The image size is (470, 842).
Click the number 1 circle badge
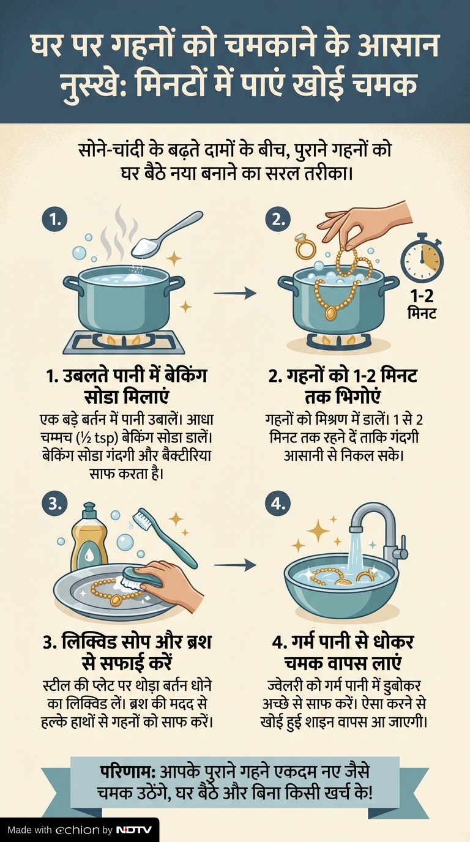click(x=55, y=219)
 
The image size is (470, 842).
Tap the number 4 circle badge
click(x=278, y=504)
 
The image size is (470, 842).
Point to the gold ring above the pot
click(x=305, y=246)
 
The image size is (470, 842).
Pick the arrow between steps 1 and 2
click(x=235, y=292)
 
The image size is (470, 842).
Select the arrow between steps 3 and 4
click(x=235, y=565)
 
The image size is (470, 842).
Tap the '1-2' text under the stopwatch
click(x=422, y=296)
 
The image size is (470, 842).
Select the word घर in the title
click(x=45, y=47)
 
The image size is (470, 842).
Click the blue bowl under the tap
click(x=341, y=593)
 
